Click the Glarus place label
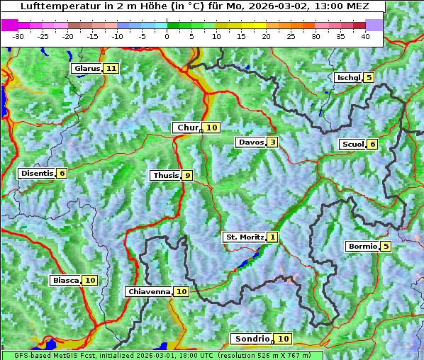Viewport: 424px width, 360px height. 87,69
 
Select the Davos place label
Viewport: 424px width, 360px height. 251,142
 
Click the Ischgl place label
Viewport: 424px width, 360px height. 348,77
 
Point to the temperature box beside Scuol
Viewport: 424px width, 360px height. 373,145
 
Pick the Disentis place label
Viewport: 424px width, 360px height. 37,174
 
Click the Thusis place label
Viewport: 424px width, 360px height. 165,176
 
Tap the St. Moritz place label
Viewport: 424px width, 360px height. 244,237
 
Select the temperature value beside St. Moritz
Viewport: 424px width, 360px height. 273,237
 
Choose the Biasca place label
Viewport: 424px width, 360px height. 65,281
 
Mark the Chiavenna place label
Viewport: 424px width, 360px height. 149,291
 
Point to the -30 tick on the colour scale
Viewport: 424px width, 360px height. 18,36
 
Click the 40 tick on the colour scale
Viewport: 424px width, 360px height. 365,36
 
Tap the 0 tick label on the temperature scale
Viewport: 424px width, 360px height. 167,36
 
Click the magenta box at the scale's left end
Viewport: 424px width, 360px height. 10,25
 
